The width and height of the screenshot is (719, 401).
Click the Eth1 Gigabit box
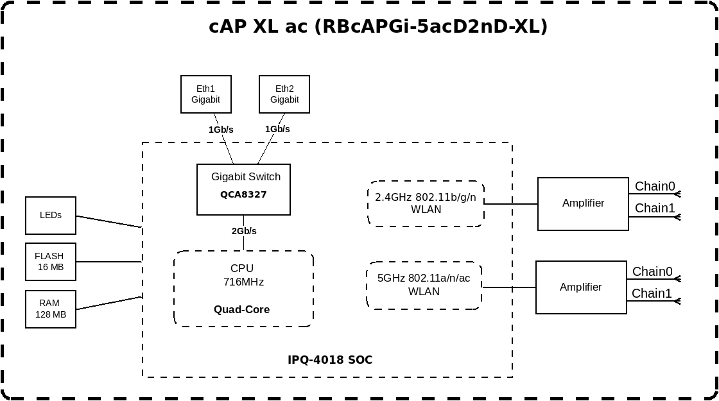[x=206, y=94]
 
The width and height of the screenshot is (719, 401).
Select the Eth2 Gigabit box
[x=284, y=94]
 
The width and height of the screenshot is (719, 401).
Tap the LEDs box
[x=51, y=216]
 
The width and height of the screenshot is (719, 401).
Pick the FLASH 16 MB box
[x=51, y=262]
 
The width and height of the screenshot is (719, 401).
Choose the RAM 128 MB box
[x=51, y=309]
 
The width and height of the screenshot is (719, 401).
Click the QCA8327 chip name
[x=243, y=194]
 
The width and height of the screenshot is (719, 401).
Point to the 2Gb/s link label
[x=244, y=231]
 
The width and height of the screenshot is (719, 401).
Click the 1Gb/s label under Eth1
[x=221, y=130]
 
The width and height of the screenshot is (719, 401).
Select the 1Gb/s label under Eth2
[x=277, y=129]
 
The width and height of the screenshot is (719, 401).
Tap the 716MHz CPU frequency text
[x=243, y=282]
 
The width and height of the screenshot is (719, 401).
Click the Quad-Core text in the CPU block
[x=241, y=309]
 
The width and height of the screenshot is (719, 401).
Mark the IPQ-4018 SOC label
[x=330, y=360]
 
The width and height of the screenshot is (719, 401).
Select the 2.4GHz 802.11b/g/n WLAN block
[x=426, y=203]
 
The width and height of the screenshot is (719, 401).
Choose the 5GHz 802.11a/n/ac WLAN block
[x=424, y=285]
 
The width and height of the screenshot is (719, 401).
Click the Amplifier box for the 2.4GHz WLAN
[x=584, y=203]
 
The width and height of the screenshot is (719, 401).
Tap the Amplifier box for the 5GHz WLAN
[x=581, y=287]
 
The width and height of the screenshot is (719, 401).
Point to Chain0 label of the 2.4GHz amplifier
[x=655, y=186]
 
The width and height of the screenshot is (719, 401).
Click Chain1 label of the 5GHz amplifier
[x=652, y=293]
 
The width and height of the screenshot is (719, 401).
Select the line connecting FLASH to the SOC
[x=109, y=262]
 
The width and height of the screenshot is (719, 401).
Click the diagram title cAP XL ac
[x=378, y=26]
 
